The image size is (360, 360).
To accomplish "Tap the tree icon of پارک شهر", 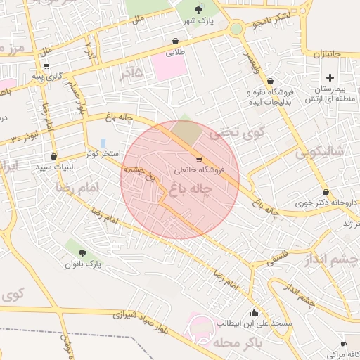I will (198, 9).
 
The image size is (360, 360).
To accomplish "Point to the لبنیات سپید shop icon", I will (53, 156).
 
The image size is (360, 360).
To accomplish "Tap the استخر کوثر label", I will (103, 153).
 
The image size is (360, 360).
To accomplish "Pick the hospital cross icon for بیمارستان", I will (330, 77).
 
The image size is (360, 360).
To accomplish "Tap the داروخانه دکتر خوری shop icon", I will (326, 193).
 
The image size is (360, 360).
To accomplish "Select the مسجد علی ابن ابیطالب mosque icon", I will (253, 312).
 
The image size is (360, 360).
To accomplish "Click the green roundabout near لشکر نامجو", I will (236, 29).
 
